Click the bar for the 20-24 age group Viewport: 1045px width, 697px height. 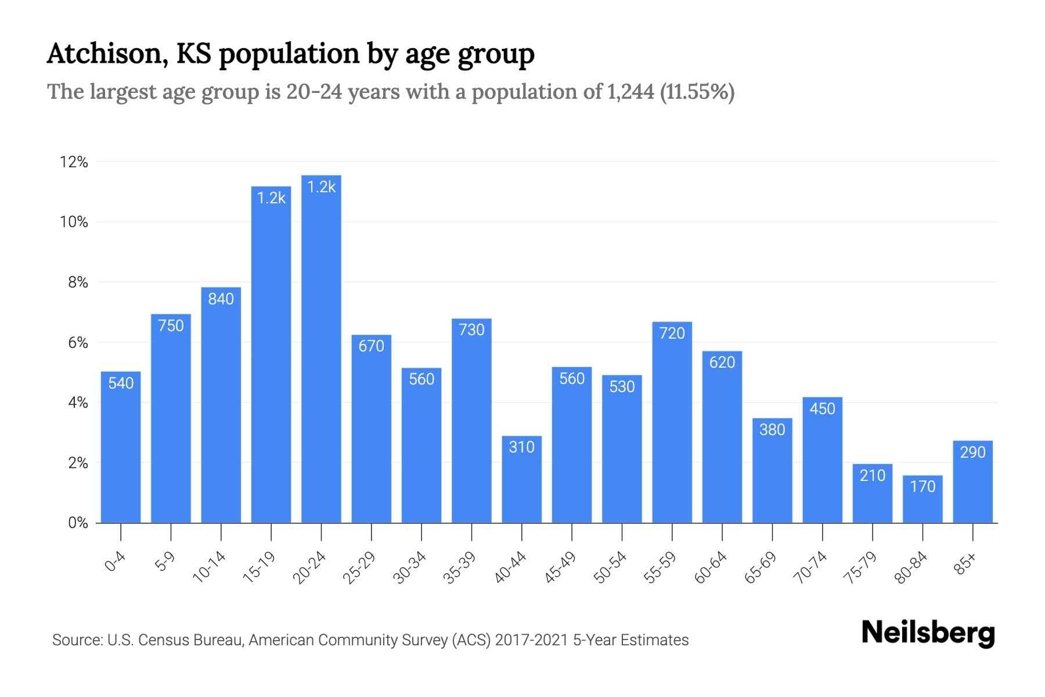[x=321, y=348]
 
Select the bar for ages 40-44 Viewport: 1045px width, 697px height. [x=521, y=479]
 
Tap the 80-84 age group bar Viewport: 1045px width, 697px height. [x=923, y=500]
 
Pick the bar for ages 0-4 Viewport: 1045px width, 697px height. [x=121, y=447]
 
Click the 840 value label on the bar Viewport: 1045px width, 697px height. [x=221, y=299]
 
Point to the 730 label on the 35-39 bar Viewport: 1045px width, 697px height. [x=471, y=330]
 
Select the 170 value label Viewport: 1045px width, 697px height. [x=923, y=486]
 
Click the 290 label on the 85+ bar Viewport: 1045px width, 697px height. [x=972, y=452]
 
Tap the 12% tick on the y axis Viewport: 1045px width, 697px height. [x=74, y=162]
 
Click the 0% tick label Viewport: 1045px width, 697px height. [x=78, y=523]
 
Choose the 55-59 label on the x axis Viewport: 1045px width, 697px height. [x=660, y=567]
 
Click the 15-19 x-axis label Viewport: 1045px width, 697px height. [x=260, y=567]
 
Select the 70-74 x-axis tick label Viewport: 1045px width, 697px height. [x=810, y=567]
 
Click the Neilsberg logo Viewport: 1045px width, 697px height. [x=928, y=633]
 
